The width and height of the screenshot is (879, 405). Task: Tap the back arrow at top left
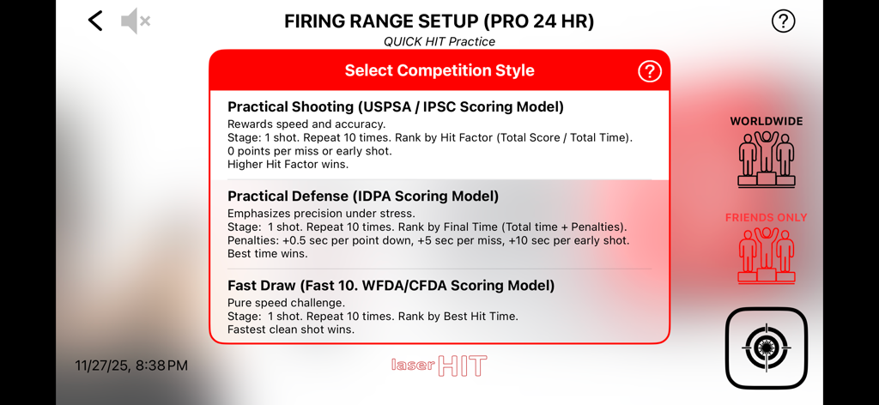tap(95, 21)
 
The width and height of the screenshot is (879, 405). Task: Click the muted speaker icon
tap(135, 21)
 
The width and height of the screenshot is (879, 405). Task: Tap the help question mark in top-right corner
tap(783, 21)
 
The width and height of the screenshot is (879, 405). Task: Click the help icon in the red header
tap(650, 71)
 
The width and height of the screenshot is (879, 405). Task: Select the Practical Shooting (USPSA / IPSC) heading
tap(395, 107)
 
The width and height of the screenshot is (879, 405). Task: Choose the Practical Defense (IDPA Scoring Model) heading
tap(363, 196)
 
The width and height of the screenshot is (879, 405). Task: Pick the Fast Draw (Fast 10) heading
tap(391, 286)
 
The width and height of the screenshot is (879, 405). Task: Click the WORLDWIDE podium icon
tap(766, 159)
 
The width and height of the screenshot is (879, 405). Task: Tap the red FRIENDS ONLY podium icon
tap(766, 256)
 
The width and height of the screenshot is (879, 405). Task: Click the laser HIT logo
tap(439, 366)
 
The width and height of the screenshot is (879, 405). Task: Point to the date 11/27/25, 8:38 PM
tap(131, 366)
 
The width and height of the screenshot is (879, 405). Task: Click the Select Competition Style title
tap(439, 71)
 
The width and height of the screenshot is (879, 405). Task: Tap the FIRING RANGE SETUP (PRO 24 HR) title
tap(439, 21)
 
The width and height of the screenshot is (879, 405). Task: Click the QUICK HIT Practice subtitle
tap(439, 41)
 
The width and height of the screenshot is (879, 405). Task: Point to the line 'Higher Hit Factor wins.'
tap(288, 165)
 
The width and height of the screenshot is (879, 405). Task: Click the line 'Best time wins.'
tap(268, 254)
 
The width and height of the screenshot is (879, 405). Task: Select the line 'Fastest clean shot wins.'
tap(291, 329)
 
